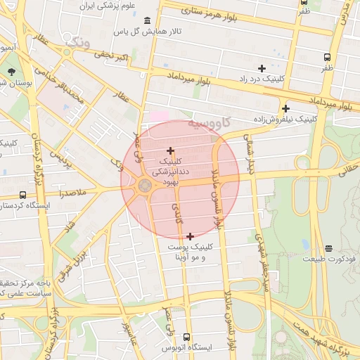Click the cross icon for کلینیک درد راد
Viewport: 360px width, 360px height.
tap(262, 68)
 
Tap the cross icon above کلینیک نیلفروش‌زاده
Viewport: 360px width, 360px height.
tap(285, 108)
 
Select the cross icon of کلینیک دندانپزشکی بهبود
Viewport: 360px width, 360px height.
tap(170, 150)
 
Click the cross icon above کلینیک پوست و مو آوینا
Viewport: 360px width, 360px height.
tap(190, 236)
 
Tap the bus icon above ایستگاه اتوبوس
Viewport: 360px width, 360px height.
tap(186, 337)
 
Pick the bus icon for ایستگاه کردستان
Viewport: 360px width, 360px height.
tap(23, 195)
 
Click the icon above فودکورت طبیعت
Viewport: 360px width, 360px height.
tap(329, 247)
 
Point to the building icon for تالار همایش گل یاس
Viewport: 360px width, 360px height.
tap(146, 21)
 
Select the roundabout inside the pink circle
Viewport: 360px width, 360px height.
tap(145, 186)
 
